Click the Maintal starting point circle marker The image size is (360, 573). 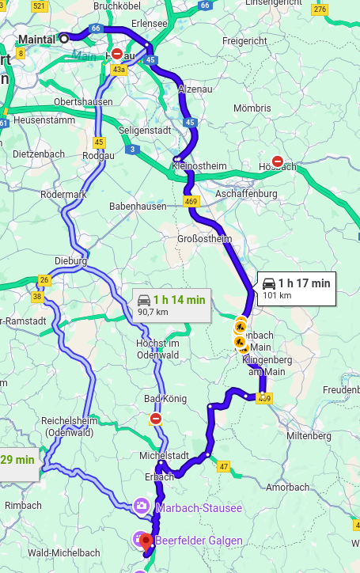tap(64, 37)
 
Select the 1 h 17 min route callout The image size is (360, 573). tap(296, 288)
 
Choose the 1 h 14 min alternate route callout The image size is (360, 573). tap(171, 305)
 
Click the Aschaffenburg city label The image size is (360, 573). tap(248, 193)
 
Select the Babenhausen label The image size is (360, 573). tap(138, 207)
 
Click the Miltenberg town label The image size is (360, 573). tap(309, 436)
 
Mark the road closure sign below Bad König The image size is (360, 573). tap(156, 418)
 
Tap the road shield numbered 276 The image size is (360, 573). tap(320, 10)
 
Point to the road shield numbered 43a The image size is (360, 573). tap(119, 70)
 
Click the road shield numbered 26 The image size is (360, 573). tap(44, 280)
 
